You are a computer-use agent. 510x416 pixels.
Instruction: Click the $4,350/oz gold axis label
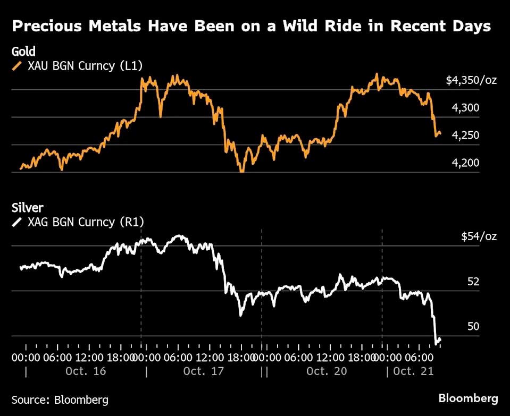pos(471,81)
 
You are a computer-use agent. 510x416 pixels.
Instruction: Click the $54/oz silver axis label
pos(479,236)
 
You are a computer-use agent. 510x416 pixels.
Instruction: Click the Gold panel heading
pos(23,52)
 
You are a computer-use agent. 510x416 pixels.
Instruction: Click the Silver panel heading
pos(27,208)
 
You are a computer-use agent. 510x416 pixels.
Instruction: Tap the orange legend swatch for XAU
pos(17,66)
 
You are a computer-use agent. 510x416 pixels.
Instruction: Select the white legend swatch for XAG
pos(17,222)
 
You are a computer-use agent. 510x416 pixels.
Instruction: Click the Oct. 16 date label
pos(86,371)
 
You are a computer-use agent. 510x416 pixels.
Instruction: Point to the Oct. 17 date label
pos(203,371)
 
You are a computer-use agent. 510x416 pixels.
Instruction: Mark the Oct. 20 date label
pos(327,371)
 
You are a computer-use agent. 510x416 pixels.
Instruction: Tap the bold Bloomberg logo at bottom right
pos(468,398)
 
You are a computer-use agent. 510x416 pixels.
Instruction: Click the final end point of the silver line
pos(440,339)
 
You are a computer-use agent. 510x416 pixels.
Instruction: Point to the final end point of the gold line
pos(440,133)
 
